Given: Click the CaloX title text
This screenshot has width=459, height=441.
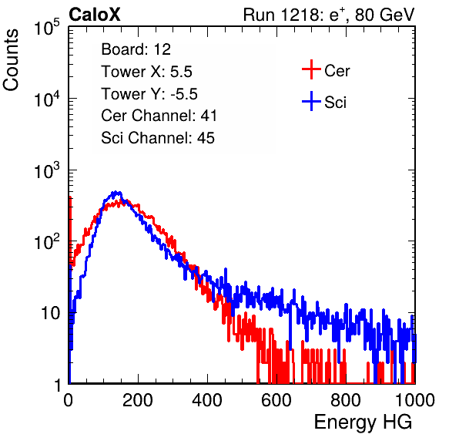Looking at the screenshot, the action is [95, 15].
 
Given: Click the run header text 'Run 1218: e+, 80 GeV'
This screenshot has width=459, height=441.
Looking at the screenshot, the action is [329, 15].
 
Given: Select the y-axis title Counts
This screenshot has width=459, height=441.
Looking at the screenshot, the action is [11, 60].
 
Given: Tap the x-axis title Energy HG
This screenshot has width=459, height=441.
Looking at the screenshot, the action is [363, 422].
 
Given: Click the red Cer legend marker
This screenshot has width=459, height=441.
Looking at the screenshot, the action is [311, 69].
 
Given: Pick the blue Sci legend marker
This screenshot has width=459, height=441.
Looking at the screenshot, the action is [311, 101].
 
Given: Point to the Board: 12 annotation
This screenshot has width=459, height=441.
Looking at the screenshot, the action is [136, 49].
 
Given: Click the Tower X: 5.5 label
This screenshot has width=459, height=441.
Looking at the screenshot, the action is [146, 72].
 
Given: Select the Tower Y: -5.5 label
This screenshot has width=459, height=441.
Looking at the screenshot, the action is [149, 94].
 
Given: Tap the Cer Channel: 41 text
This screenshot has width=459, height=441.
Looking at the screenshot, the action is [159, 116].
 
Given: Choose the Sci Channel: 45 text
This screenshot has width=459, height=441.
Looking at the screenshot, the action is [158, 138].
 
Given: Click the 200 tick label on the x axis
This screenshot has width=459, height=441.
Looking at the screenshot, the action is [138, 400].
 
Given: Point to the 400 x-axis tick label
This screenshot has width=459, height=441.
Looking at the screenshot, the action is [207, 400].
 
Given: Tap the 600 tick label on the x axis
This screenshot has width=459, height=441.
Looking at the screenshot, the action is [276, 400].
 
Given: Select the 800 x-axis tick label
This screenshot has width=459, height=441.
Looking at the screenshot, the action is [346, 400].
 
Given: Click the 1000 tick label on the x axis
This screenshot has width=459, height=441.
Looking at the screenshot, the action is [415, 400].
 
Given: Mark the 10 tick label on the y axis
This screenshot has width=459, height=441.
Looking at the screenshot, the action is [51, 313].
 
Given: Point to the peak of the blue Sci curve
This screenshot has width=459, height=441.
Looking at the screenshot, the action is [116, 193].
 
